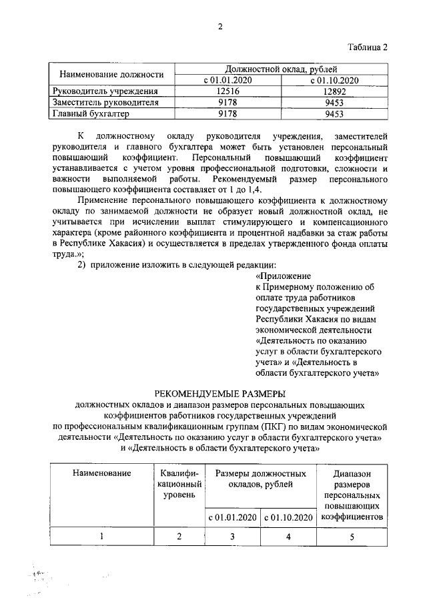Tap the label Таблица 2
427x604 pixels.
pyautogui.click(x=366, y=47)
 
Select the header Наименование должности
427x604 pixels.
pyautogui.click(x=111, y=74)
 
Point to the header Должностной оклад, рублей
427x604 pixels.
pyautogui.click(x=280, y=69)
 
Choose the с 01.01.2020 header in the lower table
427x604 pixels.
pyautogui.click(x=233, y=517)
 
